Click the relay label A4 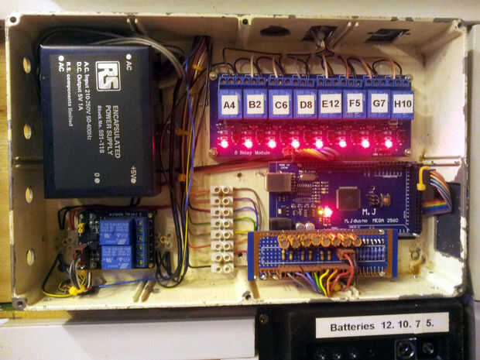pos(229,105)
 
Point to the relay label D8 pos(305,105)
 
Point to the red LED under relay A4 pos(225,142)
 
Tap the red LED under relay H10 pos(389,142)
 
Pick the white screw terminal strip pos(222,228)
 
